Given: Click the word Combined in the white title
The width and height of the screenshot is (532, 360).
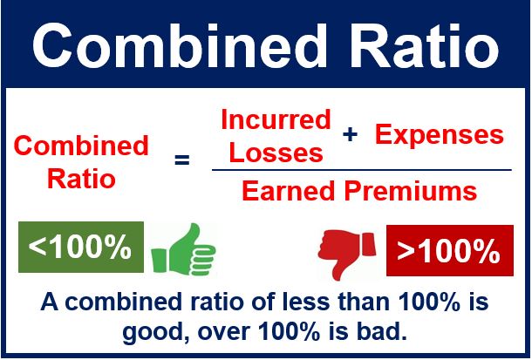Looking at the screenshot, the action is tap(179, 46).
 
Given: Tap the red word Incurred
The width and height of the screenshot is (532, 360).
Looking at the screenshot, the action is tap(276, 119).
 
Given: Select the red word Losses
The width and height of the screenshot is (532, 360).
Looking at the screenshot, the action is tap(276, 153).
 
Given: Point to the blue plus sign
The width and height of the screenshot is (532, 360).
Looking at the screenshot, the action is tap(350, 135).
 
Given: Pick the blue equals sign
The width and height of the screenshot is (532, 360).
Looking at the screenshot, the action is tap(182, 160).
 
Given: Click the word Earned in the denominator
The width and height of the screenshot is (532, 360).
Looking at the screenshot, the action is tap(289, 191).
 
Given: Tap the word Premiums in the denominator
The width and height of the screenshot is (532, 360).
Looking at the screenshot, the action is tap(411, 191).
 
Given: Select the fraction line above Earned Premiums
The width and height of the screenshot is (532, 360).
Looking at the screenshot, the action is tap(362, 170).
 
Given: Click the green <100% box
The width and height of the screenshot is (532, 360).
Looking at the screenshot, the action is tap(81, 247).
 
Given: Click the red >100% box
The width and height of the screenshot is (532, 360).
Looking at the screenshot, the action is tap(449, 250).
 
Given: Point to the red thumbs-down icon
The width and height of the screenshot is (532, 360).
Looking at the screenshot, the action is tap(347, 254).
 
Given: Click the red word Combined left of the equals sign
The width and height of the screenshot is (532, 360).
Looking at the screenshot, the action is tap(81, 146).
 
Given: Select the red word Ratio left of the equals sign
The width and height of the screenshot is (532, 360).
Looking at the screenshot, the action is tap(81, 179).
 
